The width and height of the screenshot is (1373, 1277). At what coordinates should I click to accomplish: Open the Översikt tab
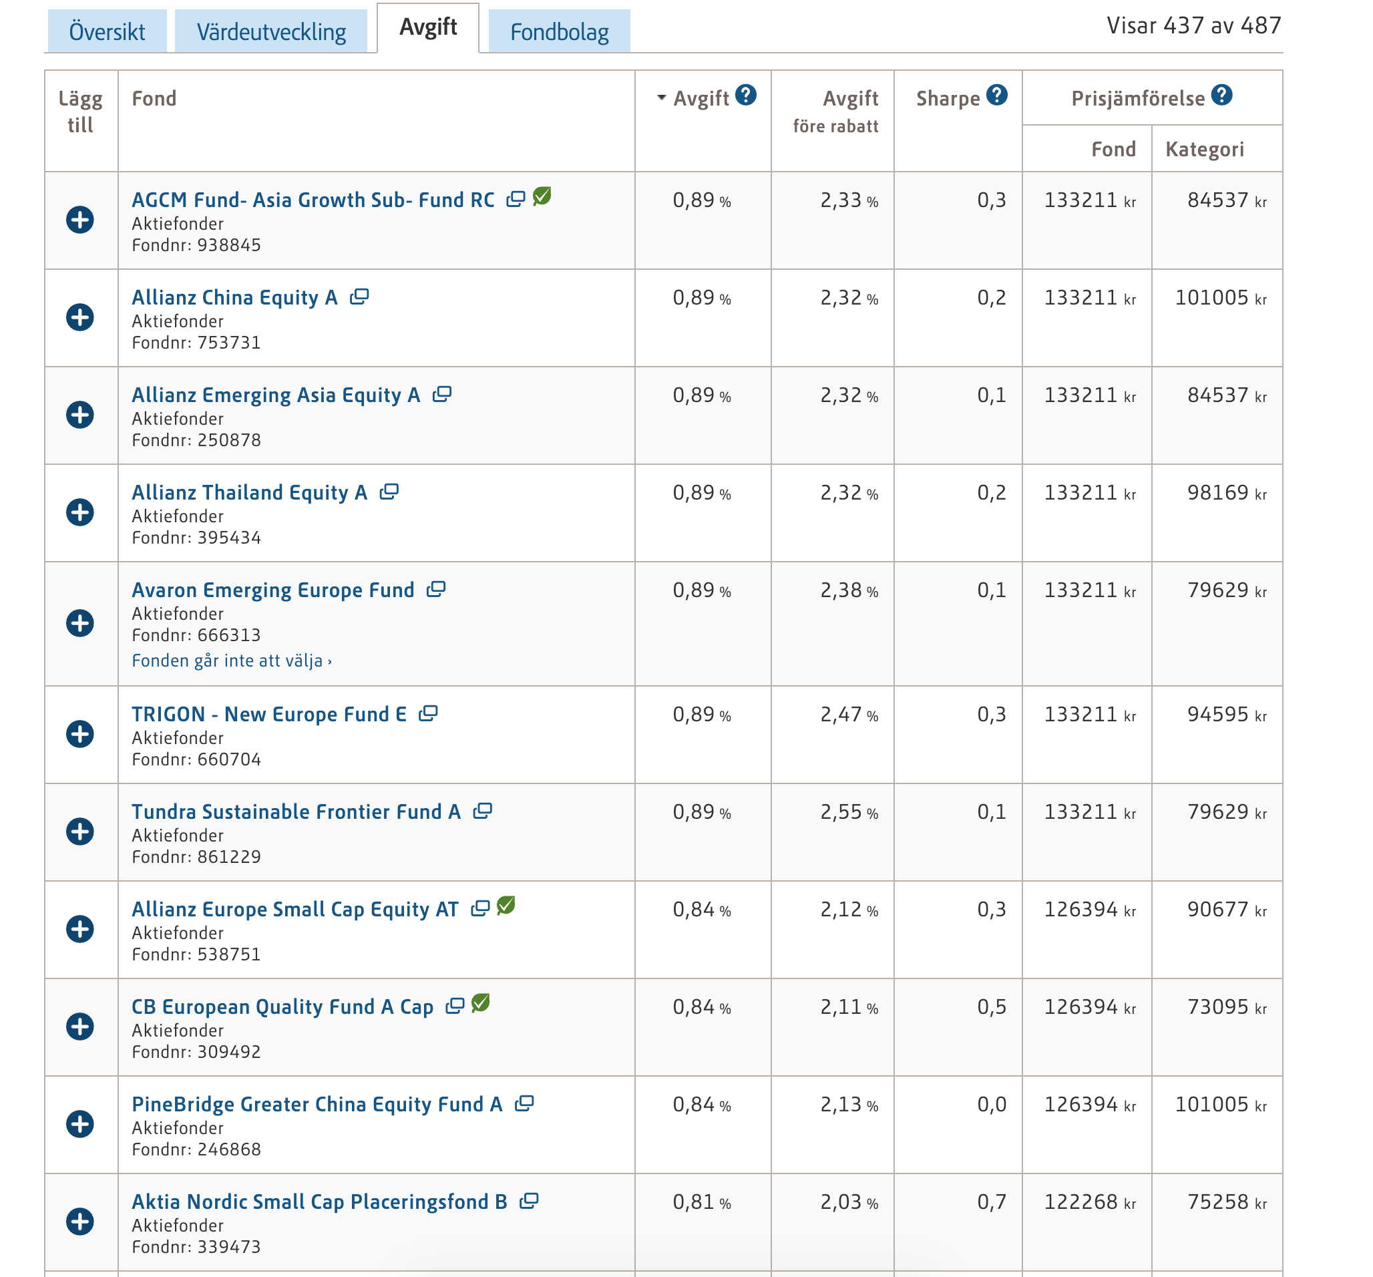(106, 32)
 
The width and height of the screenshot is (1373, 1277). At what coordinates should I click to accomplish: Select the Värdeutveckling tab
(271, 32)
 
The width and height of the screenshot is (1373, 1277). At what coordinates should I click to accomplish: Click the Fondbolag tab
(560, 32)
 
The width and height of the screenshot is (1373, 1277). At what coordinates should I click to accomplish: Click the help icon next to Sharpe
(996, 96)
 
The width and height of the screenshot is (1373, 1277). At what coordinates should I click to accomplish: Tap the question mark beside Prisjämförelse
(1222, 96)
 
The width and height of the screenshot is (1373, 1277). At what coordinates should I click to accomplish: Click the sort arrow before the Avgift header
(662, 98)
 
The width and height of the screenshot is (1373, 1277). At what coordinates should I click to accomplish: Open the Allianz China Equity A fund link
(235, 298)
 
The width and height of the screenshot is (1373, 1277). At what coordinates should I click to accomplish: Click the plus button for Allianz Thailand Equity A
(80, 512)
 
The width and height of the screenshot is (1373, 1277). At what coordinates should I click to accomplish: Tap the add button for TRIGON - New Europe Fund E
(80, 734)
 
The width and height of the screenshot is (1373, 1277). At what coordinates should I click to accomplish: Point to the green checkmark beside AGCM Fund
(543, 196)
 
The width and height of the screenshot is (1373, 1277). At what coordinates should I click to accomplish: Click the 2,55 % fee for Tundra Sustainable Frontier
(849, 812)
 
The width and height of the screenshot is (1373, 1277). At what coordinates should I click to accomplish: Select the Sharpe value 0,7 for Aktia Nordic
(992, 1202)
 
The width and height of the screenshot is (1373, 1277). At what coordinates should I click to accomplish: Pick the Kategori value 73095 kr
(1227, 1007)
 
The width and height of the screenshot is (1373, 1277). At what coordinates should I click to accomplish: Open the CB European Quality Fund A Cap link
(282, 1007)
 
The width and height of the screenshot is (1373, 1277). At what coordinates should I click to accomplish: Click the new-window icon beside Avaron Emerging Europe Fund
(436, 590)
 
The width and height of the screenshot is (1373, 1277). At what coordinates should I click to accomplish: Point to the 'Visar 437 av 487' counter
(1194, 25)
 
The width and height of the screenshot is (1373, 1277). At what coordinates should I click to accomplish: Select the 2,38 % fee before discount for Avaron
(849, 590)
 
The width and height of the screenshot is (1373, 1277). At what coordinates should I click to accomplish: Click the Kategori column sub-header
(1205, 149)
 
